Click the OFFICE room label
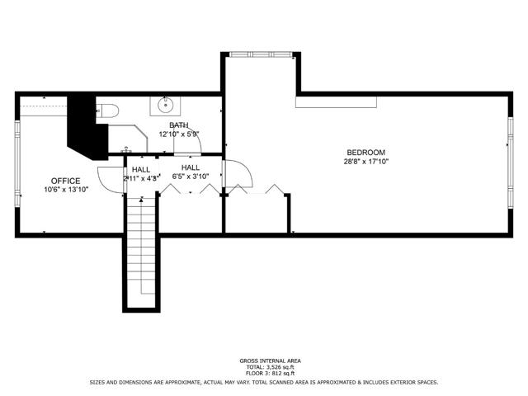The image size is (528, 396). pos(65,181)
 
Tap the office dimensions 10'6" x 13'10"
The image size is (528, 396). pos(65,190)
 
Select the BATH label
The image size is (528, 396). pos(179,124)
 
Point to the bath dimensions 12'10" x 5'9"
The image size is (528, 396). pos(179,134)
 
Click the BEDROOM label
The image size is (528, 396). pos(365,153)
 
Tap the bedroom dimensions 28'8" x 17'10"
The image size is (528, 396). pos(365,163)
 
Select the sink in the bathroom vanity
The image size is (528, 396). pos(167,105)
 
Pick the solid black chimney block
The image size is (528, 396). pos(83,128)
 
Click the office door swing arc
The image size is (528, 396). pos(106,177)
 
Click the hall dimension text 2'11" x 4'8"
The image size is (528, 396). pos(141,177)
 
